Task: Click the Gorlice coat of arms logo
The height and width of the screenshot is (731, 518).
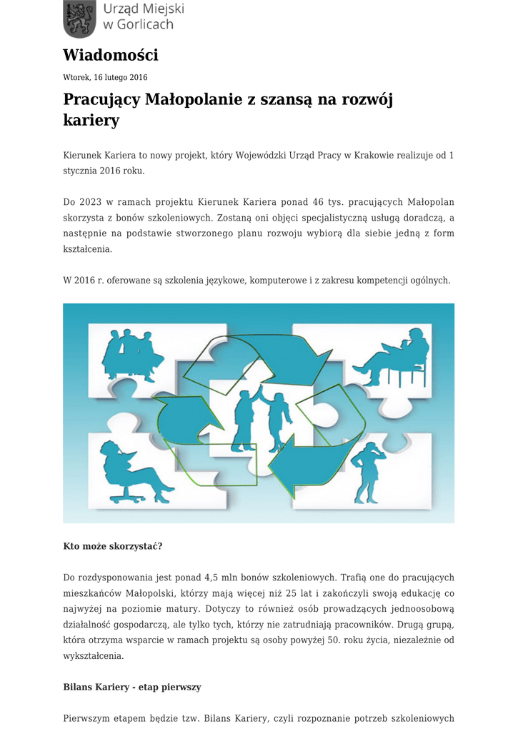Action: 79,19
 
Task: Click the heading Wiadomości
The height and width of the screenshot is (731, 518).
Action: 110,55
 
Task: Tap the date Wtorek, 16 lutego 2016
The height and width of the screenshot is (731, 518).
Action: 105,77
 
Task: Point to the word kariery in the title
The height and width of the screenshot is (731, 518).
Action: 91,120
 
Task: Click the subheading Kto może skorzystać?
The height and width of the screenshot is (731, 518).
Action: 113,546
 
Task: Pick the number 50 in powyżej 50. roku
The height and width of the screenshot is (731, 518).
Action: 335,640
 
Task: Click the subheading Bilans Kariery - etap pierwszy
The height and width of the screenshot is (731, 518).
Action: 132,687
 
